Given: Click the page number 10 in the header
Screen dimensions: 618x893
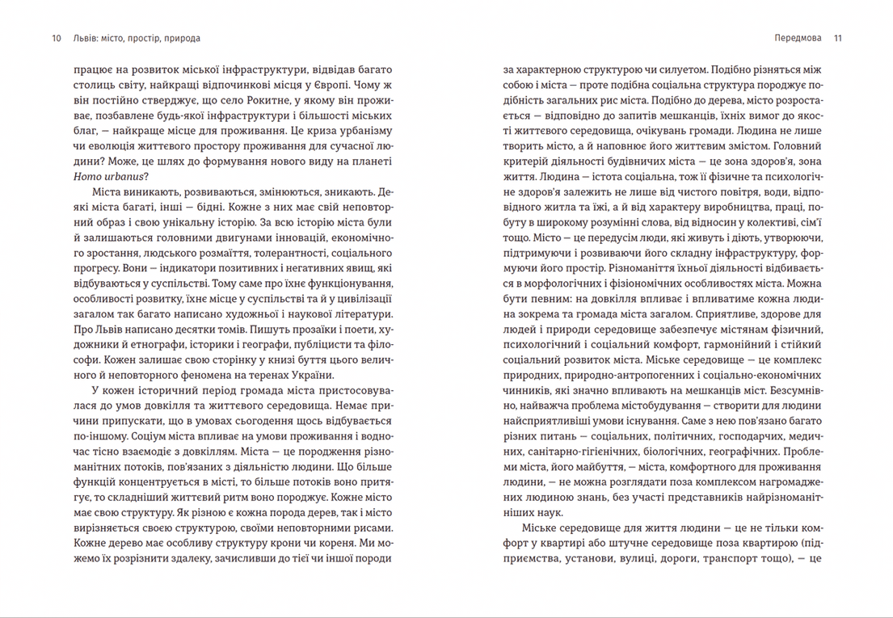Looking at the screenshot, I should click(55, 38).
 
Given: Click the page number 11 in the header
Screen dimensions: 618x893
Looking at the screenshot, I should click(837, 38).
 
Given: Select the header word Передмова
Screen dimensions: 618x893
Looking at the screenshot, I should click(797, 38).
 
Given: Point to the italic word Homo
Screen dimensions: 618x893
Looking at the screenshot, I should click(86, 179).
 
